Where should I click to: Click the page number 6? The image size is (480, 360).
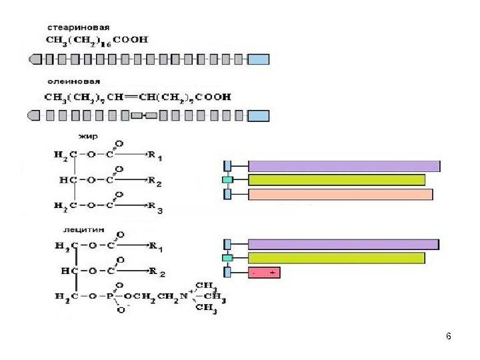click(x=449, y=336)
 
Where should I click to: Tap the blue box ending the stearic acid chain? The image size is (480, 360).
click(x=259, y=59)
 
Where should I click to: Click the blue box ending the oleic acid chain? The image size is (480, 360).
click(x=259, y=116)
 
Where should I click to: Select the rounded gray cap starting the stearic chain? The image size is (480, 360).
click(x=35, y=59)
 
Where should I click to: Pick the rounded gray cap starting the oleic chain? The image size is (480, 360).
click(x=35, y=116)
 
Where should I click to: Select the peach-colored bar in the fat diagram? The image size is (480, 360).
click(x=340, y=195)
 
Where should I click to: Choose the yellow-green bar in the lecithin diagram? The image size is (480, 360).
click(x=336, y=258)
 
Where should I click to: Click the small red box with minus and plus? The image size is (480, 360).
click(x=264, y=272)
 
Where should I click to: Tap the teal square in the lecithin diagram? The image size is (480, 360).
click(x=227, y=258)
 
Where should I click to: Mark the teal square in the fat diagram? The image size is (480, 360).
click(x=227, y=180)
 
